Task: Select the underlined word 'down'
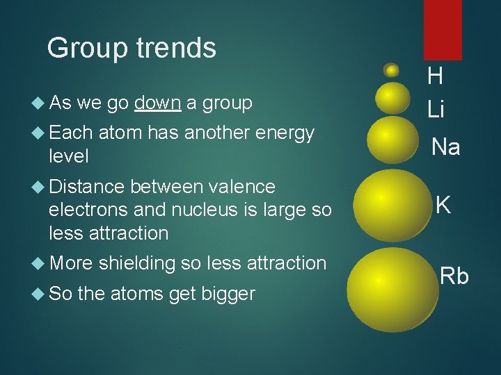click(x=158, y=103)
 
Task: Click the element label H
click(x=436, y=76)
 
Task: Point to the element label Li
click(x=436, y=109)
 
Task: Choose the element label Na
click(x=445, y=147)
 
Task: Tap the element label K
click(x=443, y=204)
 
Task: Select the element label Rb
click(x=454, y=276)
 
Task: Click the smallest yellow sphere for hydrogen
click(x=392, y=70)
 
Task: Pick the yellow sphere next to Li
click(x=393, y=98)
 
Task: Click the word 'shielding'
click(x=137, y=263)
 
